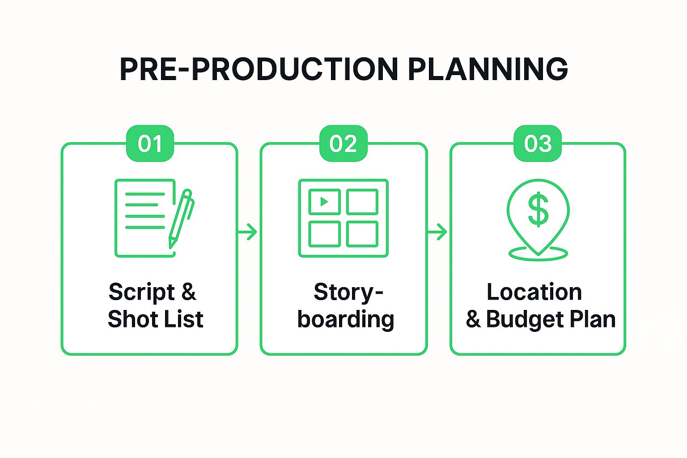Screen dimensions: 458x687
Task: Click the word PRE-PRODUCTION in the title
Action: coord(259,69)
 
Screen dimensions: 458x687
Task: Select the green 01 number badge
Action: coord(150,144)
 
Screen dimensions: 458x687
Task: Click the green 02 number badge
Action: coord(343,144)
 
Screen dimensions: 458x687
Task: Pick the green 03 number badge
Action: coord(537,144)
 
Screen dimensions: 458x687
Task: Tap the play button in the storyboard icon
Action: coord(324,202)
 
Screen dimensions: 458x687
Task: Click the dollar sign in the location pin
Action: coord(538,209)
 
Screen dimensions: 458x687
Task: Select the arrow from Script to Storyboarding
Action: coord(248,232)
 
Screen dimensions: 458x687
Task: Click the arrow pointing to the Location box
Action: coord(437,232)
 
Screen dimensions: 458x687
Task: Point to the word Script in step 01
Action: coord(141,293)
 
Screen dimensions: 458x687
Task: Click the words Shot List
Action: coord(155,319)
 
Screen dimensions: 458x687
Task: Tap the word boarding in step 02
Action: coord(345,319)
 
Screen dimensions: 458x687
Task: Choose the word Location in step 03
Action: coord(534,293)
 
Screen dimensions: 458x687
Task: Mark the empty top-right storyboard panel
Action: coord(362,202)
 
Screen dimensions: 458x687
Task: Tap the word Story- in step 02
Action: coord(348,293)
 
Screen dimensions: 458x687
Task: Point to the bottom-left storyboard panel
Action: coord(324,234)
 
